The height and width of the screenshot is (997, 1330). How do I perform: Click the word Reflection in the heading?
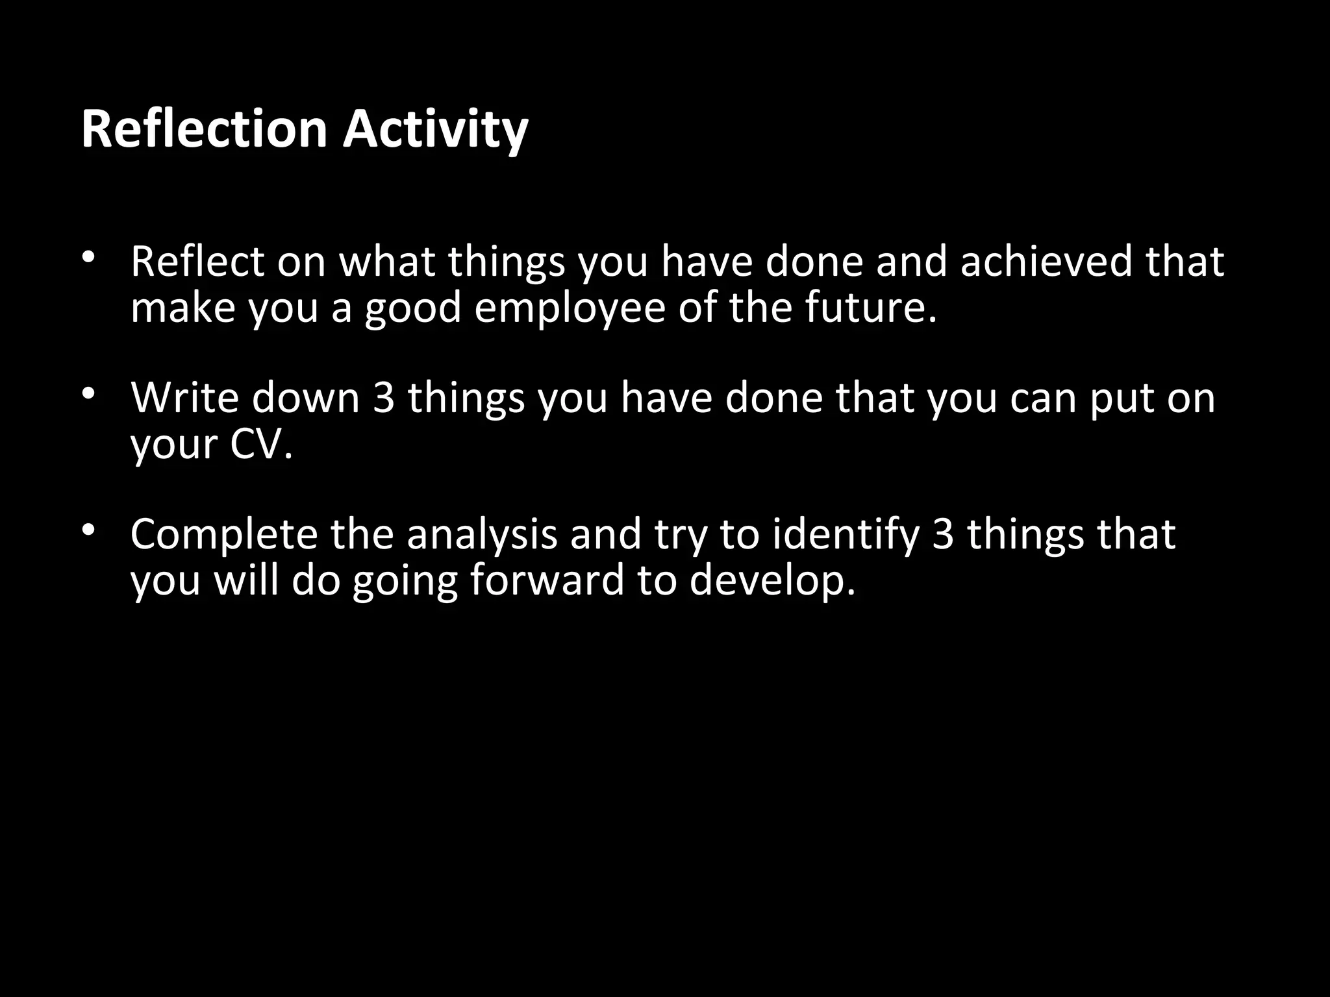click(204, 129)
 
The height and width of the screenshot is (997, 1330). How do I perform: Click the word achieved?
click(1046, 261)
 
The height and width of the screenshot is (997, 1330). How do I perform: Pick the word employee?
click(570, 308)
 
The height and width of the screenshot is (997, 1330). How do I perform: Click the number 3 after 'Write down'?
click(384, 397)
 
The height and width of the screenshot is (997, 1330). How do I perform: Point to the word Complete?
click(223, 534)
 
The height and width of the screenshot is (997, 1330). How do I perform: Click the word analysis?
click(482, 534)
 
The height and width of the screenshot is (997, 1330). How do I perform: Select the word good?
click(412, 308)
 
